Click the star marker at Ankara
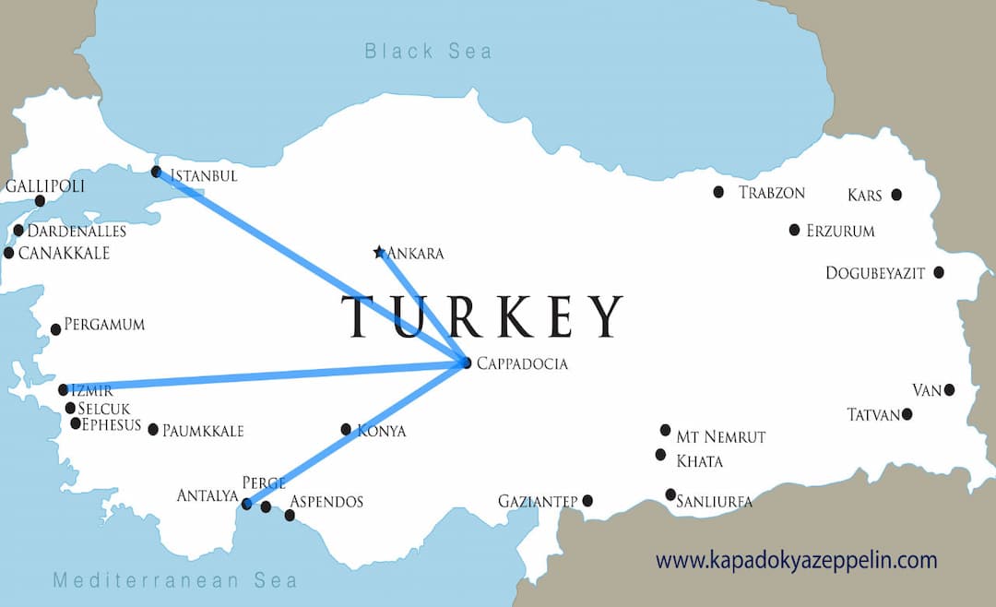379,252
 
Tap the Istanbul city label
204,175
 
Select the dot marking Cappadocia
466,363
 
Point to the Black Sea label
428,51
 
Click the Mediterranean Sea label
175,580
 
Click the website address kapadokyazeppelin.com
796,559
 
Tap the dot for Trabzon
718,192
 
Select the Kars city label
864,195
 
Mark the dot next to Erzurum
794,230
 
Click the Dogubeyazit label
875,272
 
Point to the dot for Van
949,390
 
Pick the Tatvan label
872,415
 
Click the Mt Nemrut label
721,436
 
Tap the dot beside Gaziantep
587,501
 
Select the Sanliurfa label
715,502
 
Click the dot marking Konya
346,429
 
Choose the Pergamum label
104,325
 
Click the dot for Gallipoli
40,201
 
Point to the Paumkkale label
203,430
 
